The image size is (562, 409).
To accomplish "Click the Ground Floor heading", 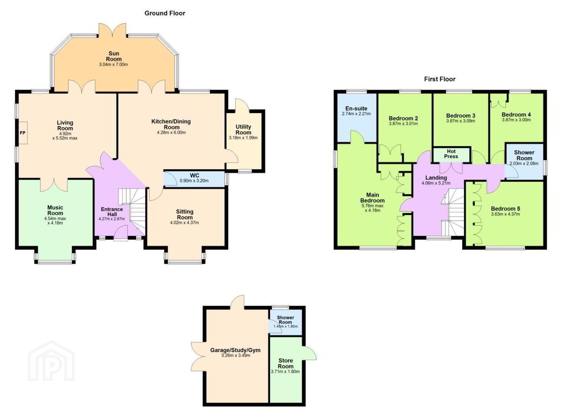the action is pos(165,13).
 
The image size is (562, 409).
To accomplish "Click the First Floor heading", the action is pos(440,79).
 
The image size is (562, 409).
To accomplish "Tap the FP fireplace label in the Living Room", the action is pos(23,133).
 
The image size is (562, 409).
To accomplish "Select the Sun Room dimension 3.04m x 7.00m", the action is pos(113,64).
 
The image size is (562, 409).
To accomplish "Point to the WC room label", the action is pos(194,175).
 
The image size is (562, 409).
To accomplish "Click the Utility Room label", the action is pos(244,130).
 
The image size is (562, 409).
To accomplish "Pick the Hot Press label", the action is pos(451,154).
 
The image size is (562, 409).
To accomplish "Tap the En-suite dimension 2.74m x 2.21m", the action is pos(356,114).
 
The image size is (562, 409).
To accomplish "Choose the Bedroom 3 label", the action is pos(461,116).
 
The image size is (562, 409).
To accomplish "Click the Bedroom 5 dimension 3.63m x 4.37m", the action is pos(505,214).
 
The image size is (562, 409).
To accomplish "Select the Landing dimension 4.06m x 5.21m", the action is pos(436,183).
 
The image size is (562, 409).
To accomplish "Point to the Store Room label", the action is pos(286,363).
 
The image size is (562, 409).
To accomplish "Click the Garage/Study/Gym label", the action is pos(235,350).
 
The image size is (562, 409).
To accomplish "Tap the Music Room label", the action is pos(55,210).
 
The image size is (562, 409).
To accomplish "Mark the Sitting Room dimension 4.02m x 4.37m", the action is pos(184,223).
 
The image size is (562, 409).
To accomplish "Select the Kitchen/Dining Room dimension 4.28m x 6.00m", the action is pos(171,132).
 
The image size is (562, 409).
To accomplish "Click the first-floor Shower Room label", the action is pos(524,155).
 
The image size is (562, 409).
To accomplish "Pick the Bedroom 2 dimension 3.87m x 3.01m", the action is pos(403,123).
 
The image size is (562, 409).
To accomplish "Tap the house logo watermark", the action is pos(52,361).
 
